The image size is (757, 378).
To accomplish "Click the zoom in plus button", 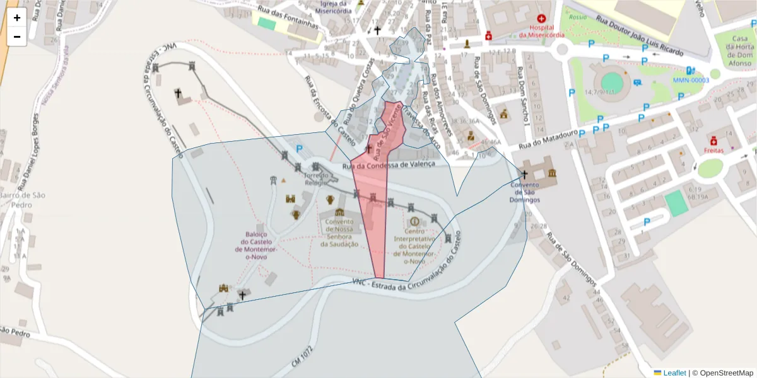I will pos(17,18).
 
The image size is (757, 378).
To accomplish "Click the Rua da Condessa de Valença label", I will pos(389,165).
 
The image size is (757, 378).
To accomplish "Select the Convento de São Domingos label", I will pos(525,192).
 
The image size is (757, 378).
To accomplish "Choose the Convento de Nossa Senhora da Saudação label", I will pos(339,233).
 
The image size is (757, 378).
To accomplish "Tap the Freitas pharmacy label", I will pos(713,151).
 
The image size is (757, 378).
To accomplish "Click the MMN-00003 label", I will pos(691,81).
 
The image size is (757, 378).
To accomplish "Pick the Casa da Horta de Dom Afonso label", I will pos(736,50).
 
